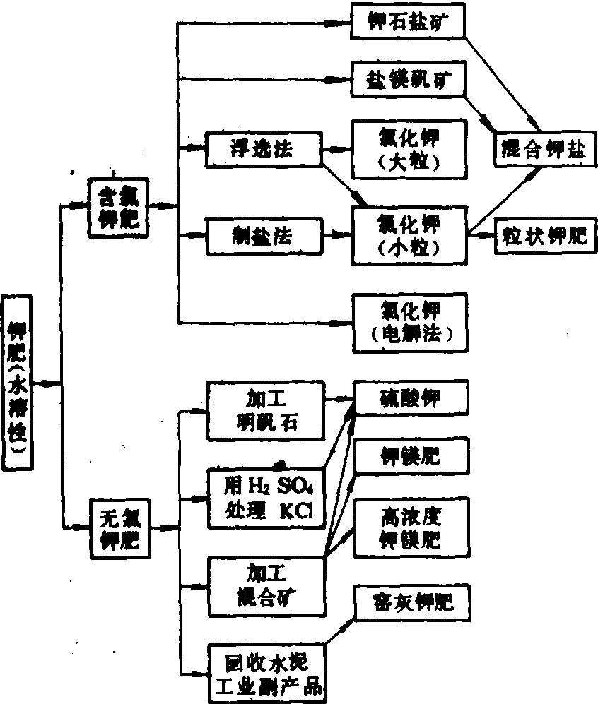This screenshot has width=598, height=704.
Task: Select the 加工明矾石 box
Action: [x=265, y=409]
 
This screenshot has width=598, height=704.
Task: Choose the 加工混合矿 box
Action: [x=265, y=585]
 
